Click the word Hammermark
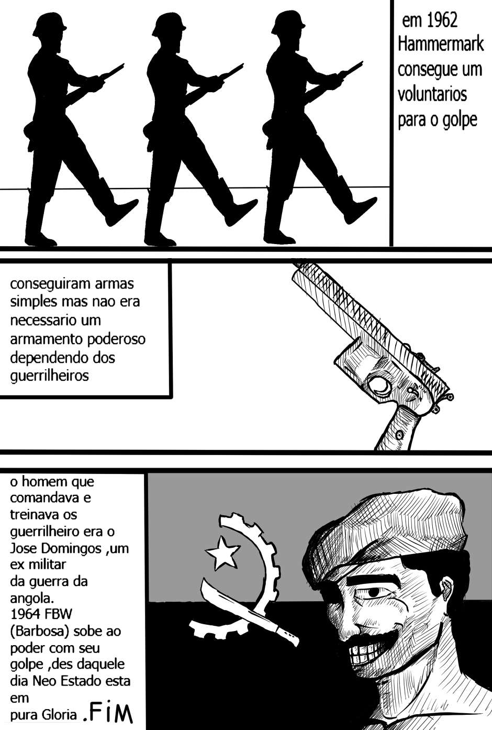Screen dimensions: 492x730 click(x=441, y=45)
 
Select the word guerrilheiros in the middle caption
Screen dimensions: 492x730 click(x=50, y=376)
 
